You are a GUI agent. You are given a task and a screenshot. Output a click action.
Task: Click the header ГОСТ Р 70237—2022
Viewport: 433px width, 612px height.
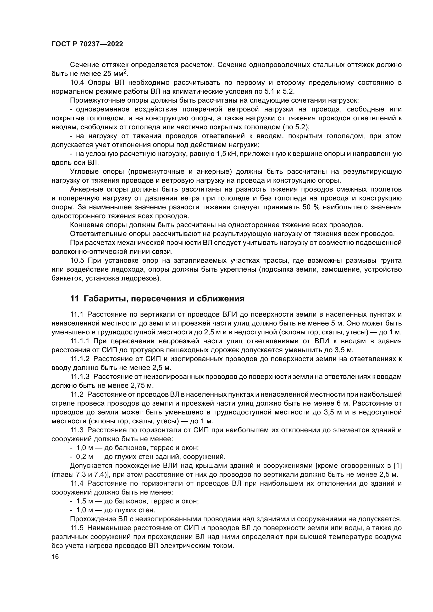pos(87,44)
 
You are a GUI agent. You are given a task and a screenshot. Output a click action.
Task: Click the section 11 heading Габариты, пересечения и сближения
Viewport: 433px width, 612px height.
pos(157,299)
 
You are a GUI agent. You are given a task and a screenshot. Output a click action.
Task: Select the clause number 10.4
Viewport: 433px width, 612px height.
pos(77,83)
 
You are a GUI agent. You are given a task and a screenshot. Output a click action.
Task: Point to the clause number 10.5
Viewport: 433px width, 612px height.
pos(77,260)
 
